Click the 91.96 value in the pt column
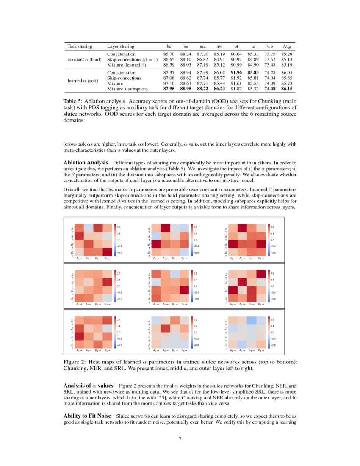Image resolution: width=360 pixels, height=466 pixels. click(x=236, y=73)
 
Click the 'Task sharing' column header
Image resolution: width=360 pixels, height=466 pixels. click(x=80, y=46)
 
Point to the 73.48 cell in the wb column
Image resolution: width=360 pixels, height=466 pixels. click(x=269, y=64)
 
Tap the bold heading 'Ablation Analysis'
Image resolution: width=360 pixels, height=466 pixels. click(x=86, y=163)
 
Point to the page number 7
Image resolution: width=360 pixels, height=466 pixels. click(x=180, y=439)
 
